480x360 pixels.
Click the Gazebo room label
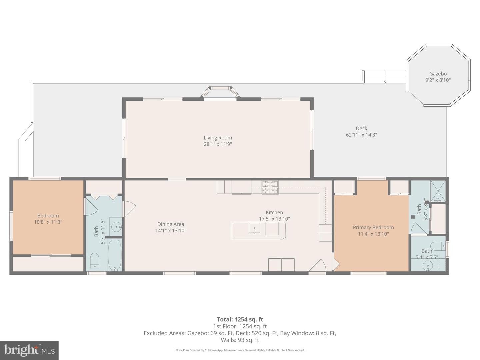click(x=438, y=74)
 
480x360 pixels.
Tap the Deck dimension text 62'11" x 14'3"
click(x=361, y=135)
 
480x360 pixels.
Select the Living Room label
click(x=218, y=138)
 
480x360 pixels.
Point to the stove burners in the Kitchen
click(x=270, y=187)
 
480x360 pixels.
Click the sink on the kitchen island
click(x=254, y=228)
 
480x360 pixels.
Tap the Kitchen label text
click(x=274, y=212)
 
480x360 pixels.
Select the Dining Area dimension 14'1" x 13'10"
click(x=171, y=230)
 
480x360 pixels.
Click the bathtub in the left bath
click(x=115, y=255)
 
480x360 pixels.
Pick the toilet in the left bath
click(x=95, y=260)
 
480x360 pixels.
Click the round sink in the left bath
click(x=116, y=227)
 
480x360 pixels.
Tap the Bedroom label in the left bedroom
click(x=48, y=216)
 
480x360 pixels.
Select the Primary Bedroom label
click(x=373, y=227)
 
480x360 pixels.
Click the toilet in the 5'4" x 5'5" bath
click(x=441, y=246)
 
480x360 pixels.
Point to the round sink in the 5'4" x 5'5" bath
click(x=428, y=266)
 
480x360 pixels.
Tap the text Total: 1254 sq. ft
click(x=240, y=319)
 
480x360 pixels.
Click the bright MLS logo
click(x=29, y=350)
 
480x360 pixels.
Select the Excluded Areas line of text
click(x=240, y=333)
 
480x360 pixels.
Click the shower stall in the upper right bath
click(x=438, y=191)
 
